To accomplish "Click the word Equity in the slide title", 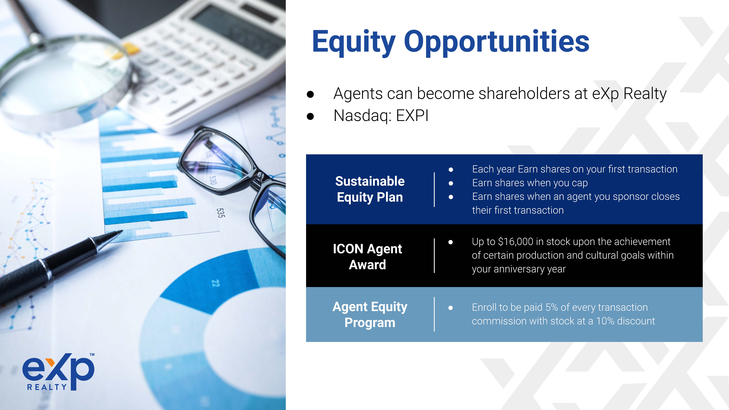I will point(354,42).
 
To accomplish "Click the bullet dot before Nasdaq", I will point(310,116).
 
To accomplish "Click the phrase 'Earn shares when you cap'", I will point(530,183).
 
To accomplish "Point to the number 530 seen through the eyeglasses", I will point(213,180).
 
